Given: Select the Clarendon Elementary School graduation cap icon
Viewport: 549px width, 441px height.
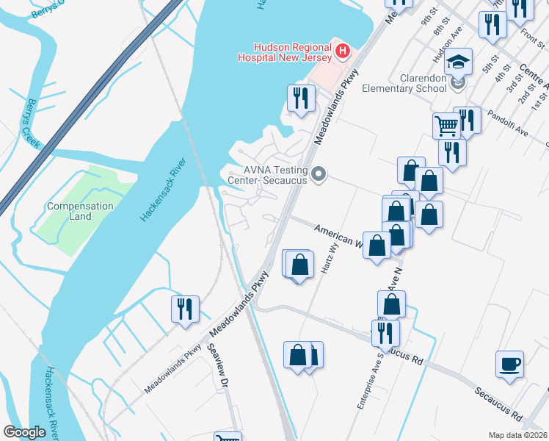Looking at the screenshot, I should pyautogui.click(x=459, y=61).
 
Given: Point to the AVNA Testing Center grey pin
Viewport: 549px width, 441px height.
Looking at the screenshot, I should pyautogui.click(x=319, y=174).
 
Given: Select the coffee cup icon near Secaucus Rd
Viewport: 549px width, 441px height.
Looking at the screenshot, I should pyautogui.click(x=509, y=364).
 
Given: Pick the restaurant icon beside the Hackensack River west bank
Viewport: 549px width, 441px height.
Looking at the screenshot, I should pyautogui.click(x=185, y=308).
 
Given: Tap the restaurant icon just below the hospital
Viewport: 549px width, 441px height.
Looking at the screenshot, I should pyautogui.click(x=301, y=98).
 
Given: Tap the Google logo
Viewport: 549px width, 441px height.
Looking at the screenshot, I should pyautogui.click(x=25, y=432).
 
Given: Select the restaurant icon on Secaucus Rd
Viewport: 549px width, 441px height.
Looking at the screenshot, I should pyautogui.click(x=385, y=332).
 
